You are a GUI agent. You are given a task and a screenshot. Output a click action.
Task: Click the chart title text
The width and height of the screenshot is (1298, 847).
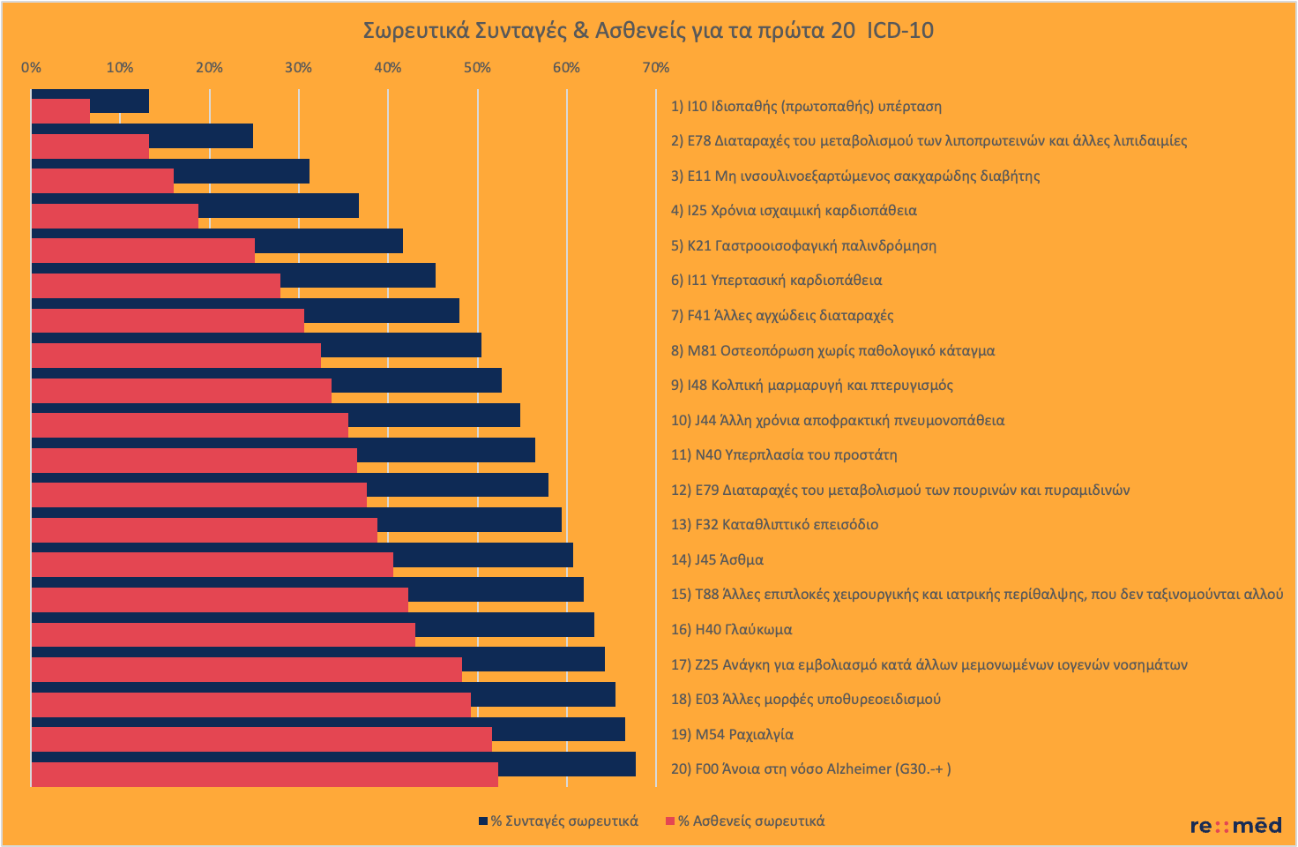648,31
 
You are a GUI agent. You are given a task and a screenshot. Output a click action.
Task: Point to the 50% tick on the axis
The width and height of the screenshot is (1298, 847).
477,68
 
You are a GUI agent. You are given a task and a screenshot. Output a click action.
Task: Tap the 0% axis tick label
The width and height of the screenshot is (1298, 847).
31,68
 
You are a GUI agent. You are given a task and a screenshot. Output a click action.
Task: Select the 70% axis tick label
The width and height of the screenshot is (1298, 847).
655,68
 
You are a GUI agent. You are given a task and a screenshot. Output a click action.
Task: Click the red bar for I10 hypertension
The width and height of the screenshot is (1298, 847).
60,112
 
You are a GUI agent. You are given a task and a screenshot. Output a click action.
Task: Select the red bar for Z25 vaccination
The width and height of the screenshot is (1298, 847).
246,671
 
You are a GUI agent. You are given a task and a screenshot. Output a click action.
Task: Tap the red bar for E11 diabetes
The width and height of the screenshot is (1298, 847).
102,182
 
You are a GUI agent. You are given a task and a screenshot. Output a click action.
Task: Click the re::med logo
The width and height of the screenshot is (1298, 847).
1235,826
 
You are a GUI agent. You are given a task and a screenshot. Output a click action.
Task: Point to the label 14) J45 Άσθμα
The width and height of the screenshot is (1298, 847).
717,559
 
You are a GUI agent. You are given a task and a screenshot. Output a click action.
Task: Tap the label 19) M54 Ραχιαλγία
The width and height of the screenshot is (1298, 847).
732,734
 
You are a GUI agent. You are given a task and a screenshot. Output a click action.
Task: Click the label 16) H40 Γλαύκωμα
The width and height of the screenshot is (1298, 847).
731,629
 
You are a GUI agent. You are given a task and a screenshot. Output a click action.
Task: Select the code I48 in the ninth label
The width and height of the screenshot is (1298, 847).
697,385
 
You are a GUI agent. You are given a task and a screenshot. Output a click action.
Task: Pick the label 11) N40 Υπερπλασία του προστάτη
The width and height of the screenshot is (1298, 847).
784,455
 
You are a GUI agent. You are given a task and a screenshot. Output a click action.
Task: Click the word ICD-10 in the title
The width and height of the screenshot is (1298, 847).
899,31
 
